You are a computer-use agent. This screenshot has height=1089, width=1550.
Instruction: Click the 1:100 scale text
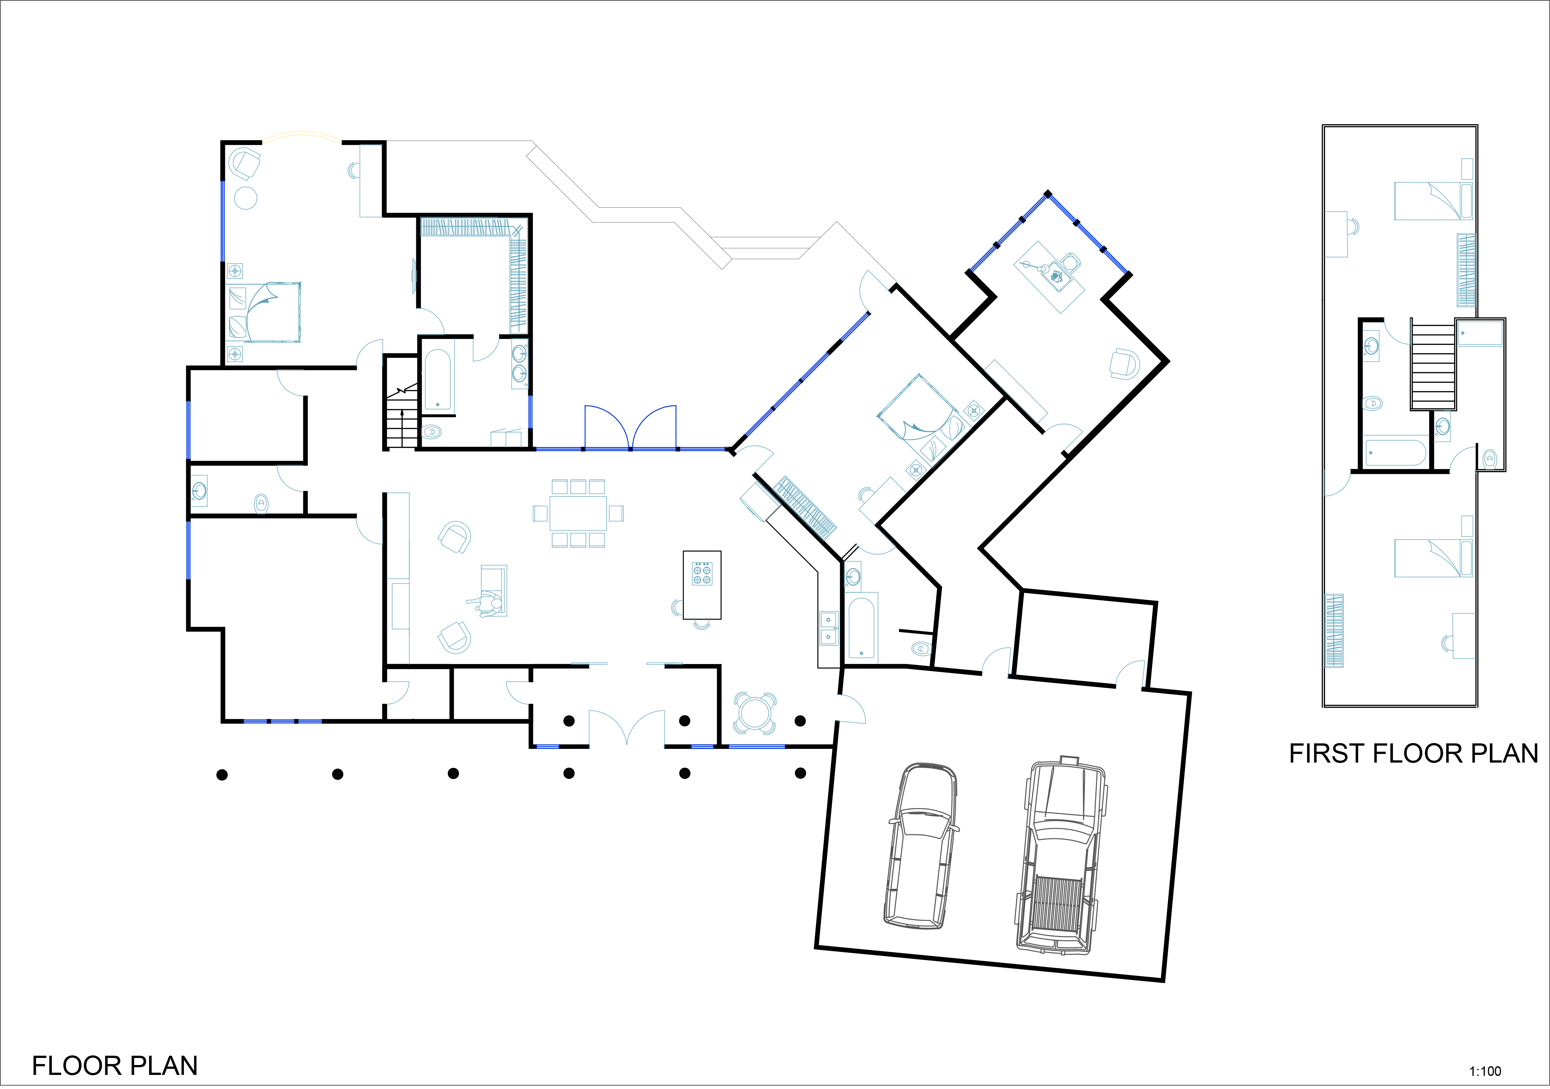(x=1485, y=1071)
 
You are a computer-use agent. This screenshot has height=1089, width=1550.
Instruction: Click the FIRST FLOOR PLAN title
(x=1414, y=753)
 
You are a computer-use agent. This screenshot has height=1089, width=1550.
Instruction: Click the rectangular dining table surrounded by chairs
(x=578, y=513)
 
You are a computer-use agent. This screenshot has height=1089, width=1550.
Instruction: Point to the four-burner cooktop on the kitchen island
(x=702, y=573)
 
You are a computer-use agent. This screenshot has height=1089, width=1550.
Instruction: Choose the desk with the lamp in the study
(x=1049, y=277)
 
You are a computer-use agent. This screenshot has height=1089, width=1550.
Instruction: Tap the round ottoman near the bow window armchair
(x=246, y=198)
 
